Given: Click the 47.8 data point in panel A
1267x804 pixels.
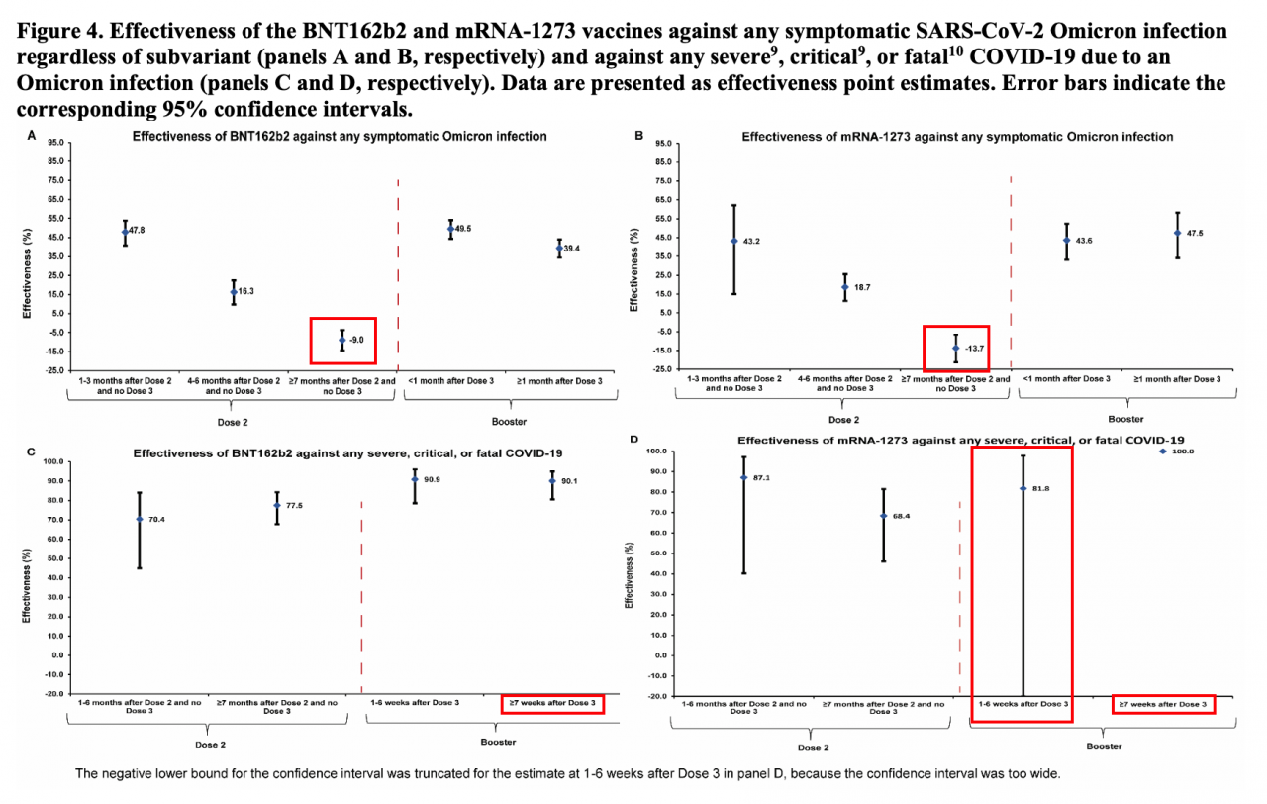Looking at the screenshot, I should pos(125,232).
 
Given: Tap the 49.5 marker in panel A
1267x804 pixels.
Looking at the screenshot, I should pos(450,229).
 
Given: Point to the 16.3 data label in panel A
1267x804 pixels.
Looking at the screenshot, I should pos(245,291).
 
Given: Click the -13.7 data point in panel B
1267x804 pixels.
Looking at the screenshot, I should pos(955,349).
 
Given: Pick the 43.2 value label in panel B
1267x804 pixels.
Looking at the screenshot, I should pos(751,241).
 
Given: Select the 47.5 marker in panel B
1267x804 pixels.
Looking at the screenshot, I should pos(1177,233).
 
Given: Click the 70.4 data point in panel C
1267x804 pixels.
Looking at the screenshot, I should pos(140,519).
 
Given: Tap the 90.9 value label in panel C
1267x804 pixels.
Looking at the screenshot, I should pos(433,480).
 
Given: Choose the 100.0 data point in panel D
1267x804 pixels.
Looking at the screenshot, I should pos(1164,452).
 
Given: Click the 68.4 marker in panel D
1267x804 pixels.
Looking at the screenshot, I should pos(883,516).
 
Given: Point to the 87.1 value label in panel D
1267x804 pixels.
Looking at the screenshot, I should pos(761,477).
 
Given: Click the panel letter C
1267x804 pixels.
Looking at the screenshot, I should pos(33,452).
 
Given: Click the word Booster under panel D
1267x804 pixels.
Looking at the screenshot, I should pos(1105,746).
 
